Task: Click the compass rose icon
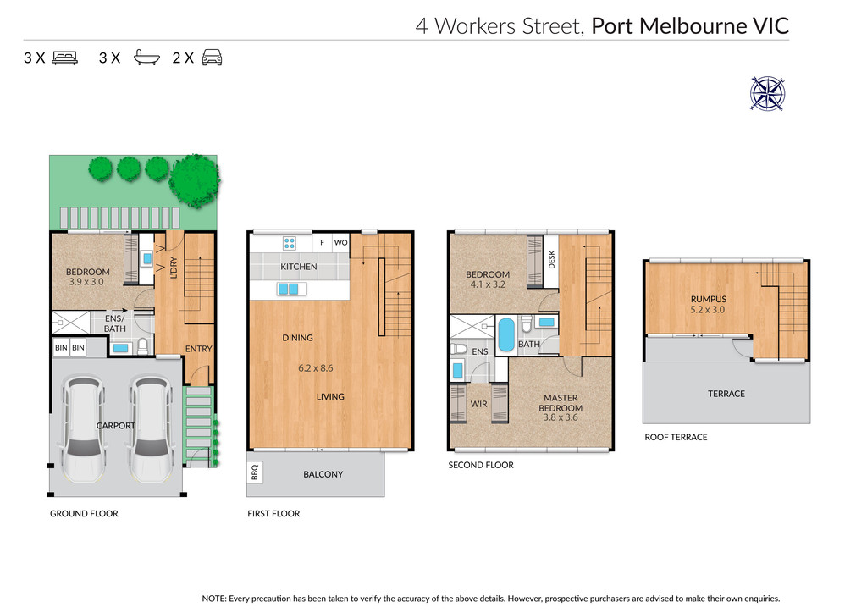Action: (x=767, y=93)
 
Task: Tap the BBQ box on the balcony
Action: (x=254, y=472)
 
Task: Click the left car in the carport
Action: (x=84, y=429)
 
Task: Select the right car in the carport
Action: (x=151, y=429)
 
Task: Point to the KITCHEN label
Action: (x=299, y=267)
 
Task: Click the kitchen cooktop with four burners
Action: (x=290, y=243)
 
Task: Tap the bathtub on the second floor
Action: (x=506, y=334)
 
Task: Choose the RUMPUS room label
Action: (x=709, y=299)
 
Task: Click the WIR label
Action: (x=479, y=404)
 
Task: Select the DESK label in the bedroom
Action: (x=551, y=260)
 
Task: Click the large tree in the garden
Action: (x=195, y=180)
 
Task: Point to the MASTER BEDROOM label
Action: (x=561, y=403)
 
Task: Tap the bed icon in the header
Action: (x=64, y=58)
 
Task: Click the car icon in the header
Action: (x=213, y=58)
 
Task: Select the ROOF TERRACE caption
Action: (x=676, y=437)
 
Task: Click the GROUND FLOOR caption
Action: (x=84, y=513)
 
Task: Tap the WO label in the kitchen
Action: (x=340, y=243)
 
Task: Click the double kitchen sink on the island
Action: (x=289, y=289)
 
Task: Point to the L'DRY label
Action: (x=173, y=268)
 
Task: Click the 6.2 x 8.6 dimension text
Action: (x=316, y=368)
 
